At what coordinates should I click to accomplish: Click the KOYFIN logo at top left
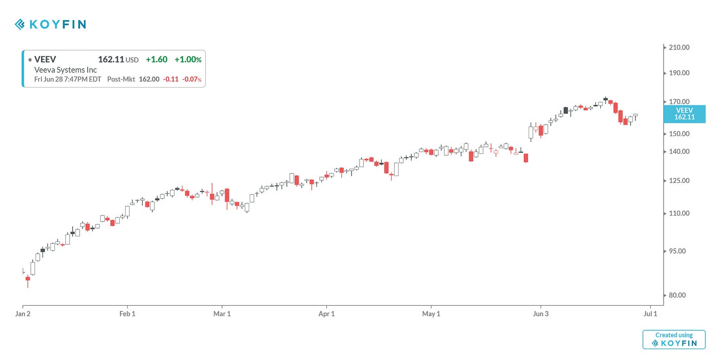50,24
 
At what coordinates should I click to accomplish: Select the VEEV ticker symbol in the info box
45,59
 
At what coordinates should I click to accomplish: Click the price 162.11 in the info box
111,59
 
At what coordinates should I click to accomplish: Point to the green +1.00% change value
188,59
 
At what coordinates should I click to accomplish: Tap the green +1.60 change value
156,59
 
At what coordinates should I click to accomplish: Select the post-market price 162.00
149,79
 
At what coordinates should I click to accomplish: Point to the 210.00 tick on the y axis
678,47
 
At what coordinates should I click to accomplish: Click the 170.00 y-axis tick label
678,102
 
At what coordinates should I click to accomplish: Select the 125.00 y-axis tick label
678,180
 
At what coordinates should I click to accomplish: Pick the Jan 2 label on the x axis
23,314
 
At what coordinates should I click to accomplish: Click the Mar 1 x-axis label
222,314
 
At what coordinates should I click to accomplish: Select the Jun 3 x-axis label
540,314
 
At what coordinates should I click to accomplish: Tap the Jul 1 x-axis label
650,314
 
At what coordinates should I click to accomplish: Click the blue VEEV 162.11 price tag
684,114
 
